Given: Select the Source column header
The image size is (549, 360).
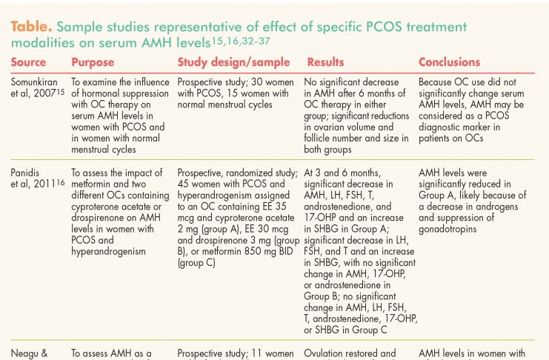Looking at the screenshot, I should click(x=28, y=62).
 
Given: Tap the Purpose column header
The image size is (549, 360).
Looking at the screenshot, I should click(x=93, y=62).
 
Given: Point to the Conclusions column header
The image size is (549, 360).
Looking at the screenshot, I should click(x=449, y=62).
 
